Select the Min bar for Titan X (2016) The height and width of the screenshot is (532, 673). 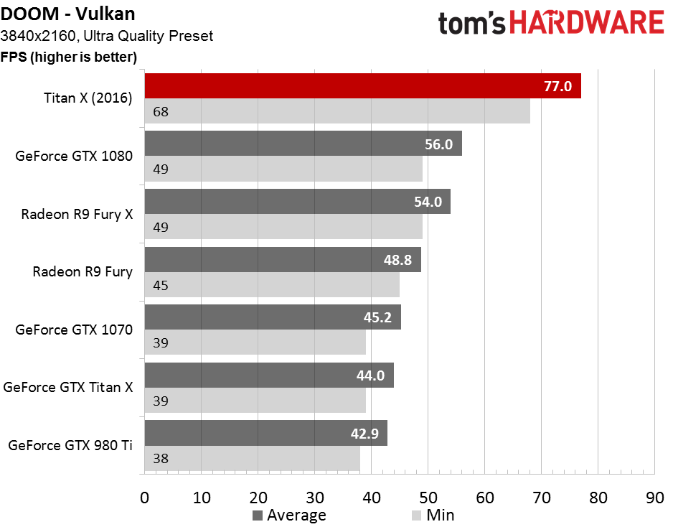337,112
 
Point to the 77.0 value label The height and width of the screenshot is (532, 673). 557,87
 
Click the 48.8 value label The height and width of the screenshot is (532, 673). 398,260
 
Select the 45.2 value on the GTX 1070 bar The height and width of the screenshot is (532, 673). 378,317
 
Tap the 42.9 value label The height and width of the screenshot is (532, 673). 364,434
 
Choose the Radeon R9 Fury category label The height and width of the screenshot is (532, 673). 83,272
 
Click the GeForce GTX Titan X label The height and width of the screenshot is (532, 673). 68,388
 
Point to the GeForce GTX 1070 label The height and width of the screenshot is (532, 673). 74,330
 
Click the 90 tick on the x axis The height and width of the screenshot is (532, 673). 654,497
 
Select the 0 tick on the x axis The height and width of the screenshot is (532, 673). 144,497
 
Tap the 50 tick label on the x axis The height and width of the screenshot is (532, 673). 428,497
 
